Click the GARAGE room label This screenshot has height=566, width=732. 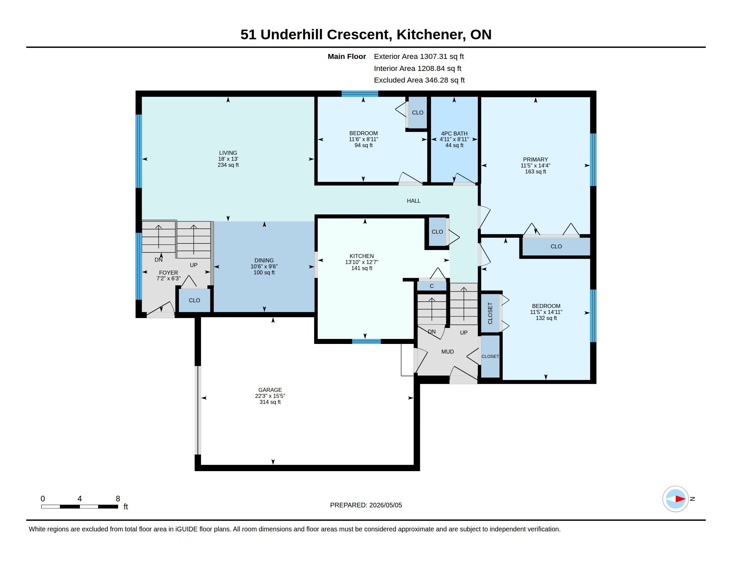tap(270, 390)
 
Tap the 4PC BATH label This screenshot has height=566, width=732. tap(454, 134)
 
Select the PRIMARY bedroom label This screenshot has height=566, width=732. tap(535, 159)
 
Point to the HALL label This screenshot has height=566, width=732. tap(414, 201)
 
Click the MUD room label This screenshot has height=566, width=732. tap(448, 352)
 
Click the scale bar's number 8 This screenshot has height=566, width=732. tap(118, 499)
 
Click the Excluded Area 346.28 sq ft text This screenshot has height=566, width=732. tap(419, 80)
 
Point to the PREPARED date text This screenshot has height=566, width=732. tap(366, 505)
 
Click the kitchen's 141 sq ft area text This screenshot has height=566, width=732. tap(362, 268)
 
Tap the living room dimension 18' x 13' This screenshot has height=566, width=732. tap(228, 159)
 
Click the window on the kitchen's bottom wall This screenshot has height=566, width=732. tap(366, 341)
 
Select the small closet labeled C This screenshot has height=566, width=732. tap(432, 286)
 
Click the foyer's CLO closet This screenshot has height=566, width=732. tap(194, 300)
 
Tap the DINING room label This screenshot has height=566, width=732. tap(264, 261)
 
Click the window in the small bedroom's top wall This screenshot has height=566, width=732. tap(360, 94)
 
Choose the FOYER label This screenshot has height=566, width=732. tap(168, 273)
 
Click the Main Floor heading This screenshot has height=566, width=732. tap(347, 57)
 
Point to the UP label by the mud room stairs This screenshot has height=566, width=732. tap(463, 333)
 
